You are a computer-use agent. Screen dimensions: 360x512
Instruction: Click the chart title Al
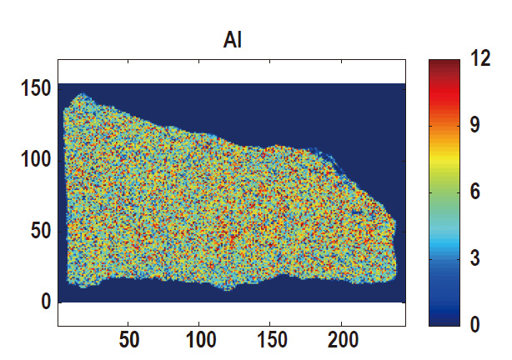[233, 40]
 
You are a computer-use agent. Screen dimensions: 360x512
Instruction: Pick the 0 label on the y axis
[46, 302]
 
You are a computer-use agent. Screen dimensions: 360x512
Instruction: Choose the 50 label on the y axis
[40, 230]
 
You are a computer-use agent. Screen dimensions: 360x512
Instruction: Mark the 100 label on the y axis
[34, 158]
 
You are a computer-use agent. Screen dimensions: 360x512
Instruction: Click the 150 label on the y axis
[34, 87]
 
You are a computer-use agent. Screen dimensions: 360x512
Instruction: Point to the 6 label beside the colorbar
[476, 192]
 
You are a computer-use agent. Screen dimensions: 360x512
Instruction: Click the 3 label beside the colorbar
[476, 258]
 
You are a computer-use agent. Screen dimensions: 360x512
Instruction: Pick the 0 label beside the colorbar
[476, 324]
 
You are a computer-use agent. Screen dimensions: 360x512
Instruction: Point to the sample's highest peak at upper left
[81, 96]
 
